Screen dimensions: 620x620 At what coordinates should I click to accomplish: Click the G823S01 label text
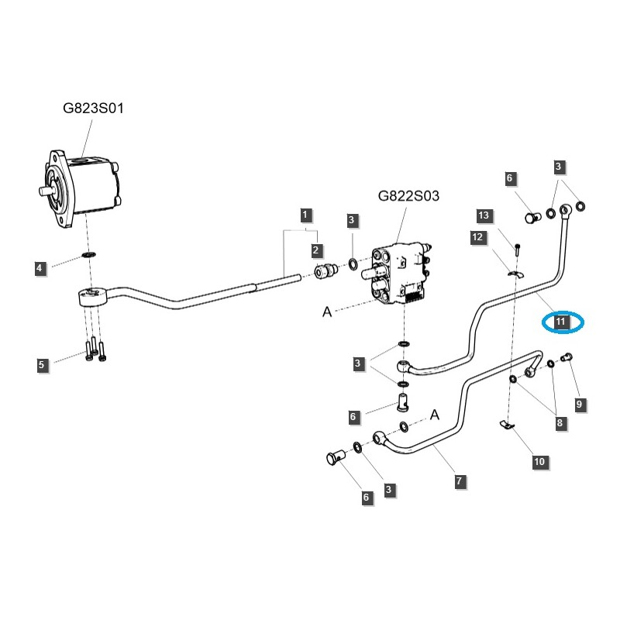tap(93, 108)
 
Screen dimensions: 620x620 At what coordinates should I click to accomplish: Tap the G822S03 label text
tap(408, 197)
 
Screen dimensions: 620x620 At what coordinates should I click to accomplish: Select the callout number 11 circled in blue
tap(561, 321)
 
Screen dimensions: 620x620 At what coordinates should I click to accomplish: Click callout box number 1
tap(306, 214)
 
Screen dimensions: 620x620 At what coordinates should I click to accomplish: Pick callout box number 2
tap(316, 250)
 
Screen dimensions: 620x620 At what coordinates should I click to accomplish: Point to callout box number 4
tap(40, 269)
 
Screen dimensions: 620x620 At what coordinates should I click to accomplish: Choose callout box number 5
tap(43, 364)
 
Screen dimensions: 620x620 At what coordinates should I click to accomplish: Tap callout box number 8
tap(558, 423)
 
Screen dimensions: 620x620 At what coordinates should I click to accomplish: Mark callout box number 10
tap(539, 462)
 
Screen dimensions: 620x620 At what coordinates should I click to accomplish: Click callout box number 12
tap(477, 236)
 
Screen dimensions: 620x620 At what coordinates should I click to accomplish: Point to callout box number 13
tap(484, 215)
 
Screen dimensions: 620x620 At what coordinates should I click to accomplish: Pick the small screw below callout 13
tap(517, 248)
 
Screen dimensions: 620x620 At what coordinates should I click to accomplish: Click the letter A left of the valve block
tap(327, 312)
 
